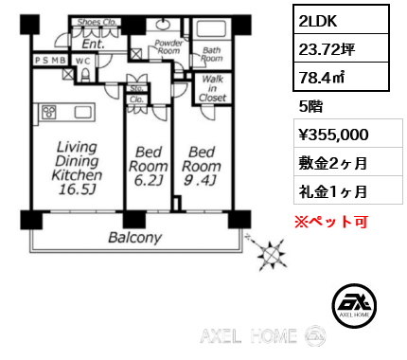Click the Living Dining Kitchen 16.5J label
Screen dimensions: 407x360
77,168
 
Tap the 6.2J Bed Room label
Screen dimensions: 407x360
148,166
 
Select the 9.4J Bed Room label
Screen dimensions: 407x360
201,166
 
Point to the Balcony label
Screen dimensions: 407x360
135,238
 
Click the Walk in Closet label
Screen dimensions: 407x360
213,88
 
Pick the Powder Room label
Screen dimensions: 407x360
168,47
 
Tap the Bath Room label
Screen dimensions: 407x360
212,54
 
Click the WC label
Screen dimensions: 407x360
83,61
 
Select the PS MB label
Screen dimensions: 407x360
50,61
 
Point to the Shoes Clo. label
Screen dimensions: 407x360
97,22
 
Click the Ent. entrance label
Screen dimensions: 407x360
93,44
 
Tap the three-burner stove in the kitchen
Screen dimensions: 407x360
49,112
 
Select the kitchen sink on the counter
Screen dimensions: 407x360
83,112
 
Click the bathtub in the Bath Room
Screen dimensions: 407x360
211,29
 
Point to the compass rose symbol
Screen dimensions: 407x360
269,253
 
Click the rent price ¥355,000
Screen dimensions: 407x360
334,135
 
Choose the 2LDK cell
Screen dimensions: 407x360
341,20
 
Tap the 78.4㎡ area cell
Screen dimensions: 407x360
341,77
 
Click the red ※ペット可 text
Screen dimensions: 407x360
331,222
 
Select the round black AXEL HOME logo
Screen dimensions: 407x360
354,305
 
